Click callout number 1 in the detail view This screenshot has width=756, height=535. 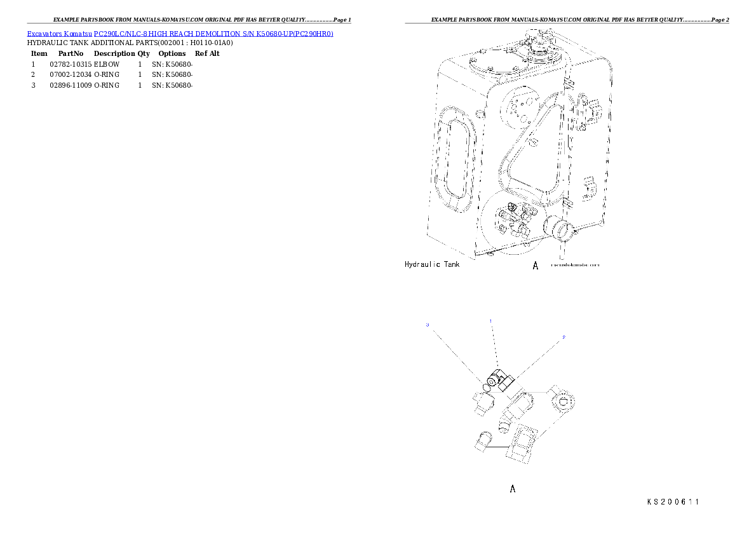coord(490,321)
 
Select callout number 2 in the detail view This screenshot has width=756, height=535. coord(563,337)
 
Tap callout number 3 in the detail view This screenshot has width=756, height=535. coord(428,325)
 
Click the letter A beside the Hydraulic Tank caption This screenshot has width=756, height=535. coord(536,266)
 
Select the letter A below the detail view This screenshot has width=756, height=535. coord(513,489)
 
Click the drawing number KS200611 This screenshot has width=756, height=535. coord(673,502)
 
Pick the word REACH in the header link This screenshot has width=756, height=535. coord(180,33)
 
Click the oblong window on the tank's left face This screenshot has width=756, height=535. coord(457,159)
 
